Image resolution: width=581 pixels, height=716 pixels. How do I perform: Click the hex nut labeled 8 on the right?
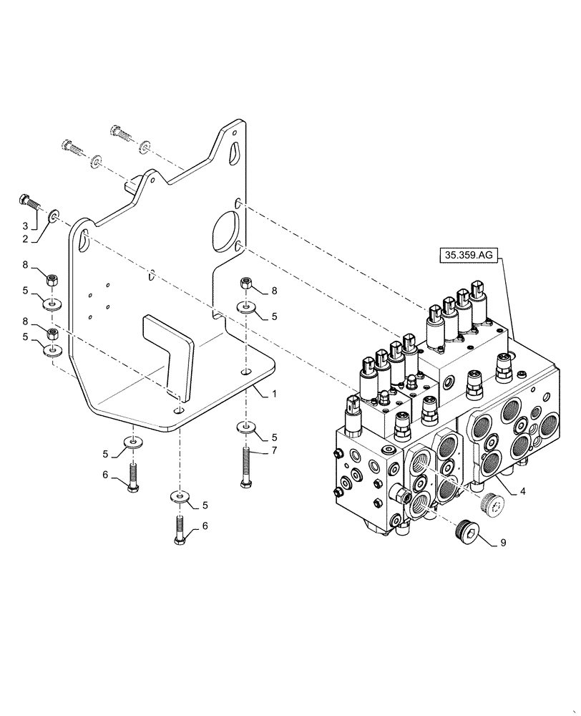point(246,284)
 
